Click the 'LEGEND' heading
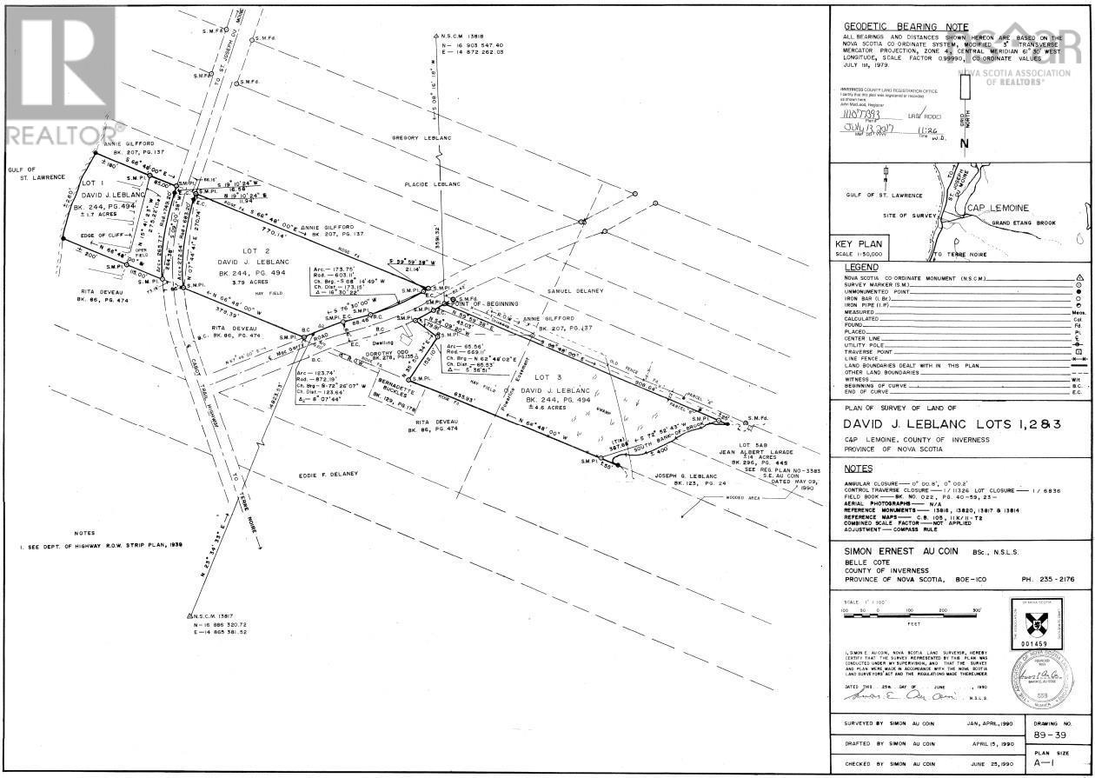[860, 267]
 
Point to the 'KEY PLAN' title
[859, 244]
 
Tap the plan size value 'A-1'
[1045, 765]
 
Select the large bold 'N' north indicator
[963, 144]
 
